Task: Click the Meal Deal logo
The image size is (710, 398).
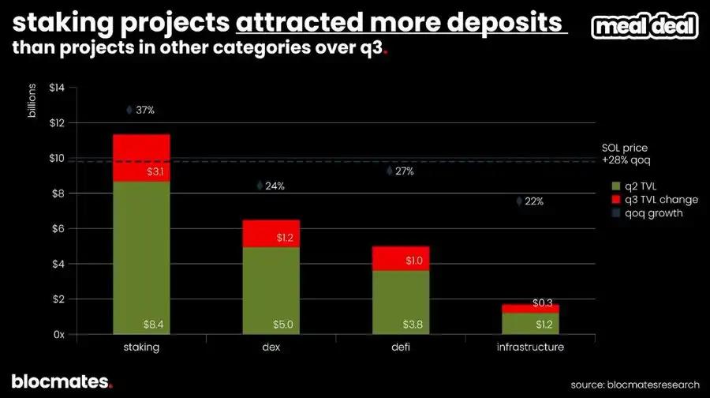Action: (x=644, y=26)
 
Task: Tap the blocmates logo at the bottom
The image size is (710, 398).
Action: (x=62, y=381)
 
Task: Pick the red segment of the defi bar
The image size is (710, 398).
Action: (x=402, y=258)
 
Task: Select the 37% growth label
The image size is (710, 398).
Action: (x=144, y=111)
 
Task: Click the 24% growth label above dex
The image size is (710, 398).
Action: (x=275, y=186)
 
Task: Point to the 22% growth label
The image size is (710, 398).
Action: (x=534, y=201)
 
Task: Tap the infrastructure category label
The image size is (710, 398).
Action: (x=531, y=347)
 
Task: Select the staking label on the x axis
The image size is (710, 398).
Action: (x=141, y=347)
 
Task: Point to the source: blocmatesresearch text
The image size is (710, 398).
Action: (x=635, y=384)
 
